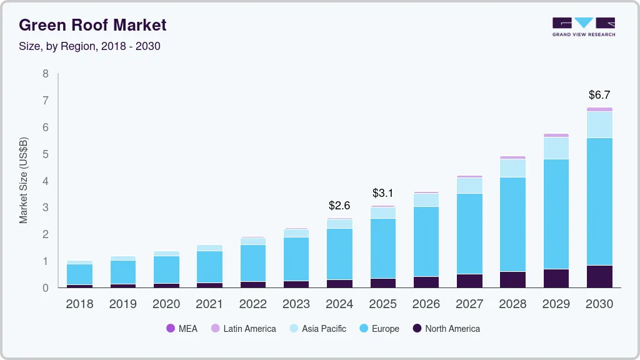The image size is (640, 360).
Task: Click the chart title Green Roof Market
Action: click(92, 25)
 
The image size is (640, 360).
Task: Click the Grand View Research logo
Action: click(583, 27)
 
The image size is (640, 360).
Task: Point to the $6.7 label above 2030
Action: click(599, 95)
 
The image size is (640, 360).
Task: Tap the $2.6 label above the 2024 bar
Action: click(339, 205)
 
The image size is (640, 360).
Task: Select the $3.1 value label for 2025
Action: click(382, 192)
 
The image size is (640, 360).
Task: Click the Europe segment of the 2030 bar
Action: click(599, 201)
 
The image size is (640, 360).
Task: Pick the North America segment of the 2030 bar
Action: click(599, 276)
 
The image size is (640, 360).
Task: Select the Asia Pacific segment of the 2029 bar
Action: click(556, 148)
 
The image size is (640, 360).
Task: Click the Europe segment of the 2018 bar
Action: click(79, 274)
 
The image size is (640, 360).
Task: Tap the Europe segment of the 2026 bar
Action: click(426, 241)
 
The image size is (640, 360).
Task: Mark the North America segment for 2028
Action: click(512, 279)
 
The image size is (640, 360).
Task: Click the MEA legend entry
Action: click(182, 329)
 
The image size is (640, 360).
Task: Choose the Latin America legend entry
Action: click(243, 329)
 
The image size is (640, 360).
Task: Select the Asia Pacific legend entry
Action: click(317, 329)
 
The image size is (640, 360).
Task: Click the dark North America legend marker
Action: click(416, 329)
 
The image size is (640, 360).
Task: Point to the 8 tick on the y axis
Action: click(45, 74)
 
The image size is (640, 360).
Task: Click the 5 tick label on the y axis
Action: click(45, 154)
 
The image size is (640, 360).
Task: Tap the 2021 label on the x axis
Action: click(209, 304)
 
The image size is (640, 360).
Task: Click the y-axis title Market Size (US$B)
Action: click(24, 181)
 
